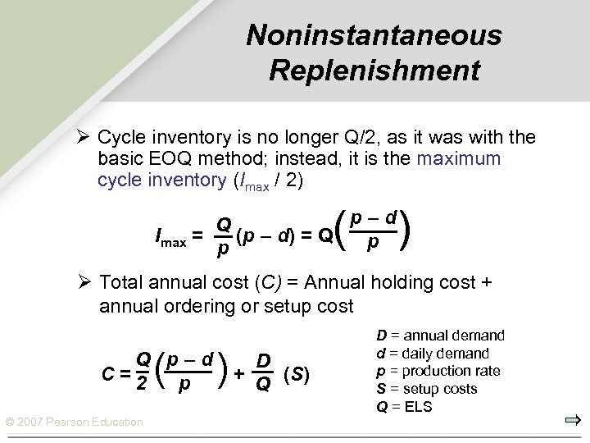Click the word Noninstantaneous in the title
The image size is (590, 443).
[374, 35]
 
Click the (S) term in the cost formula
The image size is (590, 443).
[297, 374]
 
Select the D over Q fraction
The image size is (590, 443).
[262, 372]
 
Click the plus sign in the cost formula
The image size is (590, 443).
[238, 374]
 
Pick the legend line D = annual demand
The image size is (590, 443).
[440, 336]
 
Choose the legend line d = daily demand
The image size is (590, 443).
[432, 354]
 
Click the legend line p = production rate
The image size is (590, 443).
[438, 371]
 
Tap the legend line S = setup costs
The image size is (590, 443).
[426, 388]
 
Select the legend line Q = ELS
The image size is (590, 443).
[406, 406]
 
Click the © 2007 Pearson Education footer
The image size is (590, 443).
[75, 422]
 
